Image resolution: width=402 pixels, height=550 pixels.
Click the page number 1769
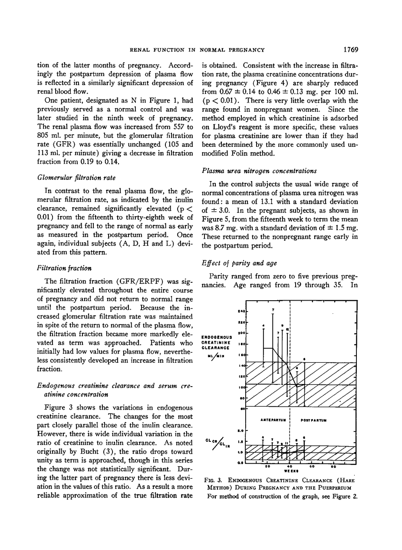350,49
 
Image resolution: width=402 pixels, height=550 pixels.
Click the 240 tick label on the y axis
241,311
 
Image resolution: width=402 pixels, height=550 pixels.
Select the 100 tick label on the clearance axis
241,387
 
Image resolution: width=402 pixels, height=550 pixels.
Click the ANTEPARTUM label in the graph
272,421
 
